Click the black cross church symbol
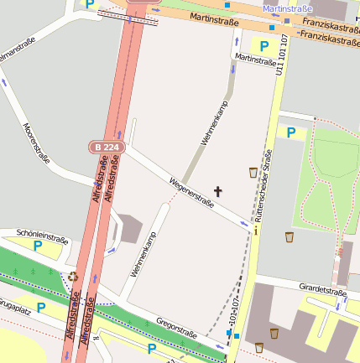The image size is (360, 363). tap(218, 192)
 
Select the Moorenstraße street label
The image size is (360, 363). tap(39, 142)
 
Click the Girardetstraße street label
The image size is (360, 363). tap(323, 291)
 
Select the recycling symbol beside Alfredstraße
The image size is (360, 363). tap(73, 276)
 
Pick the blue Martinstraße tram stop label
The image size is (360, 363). tap(287, 8)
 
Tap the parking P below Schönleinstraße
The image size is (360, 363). tap(38, 246)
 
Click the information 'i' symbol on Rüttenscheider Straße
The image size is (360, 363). tap(255, 229)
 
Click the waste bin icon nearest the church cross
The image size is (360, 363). tap(253, 173)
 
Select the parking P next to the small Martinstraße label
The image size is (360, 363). tap(264, 45)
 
